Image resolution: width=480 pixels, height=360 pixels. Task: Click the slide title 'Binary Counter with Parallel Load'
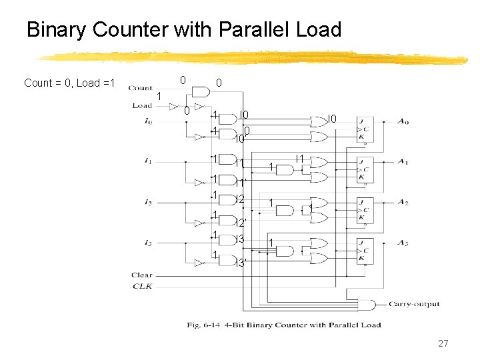point(183,30)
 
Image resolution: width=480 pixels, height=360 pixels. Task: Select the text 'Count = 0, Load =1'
point(69,83)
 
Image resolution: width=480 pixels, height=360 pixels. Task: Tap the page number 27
point(443,343)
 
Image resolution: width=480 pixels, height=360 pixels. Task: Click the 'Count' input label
point(140,87)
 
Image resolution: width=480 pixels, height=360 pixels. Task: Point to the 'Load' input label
point(142,105)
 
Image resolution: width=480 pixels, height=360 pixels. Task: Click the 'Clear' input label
point(141,275)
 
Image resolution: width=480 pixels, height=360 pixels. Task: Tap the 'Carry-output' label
point(414,304)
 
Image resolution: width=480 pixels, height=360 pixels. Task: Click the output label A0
point(403,121)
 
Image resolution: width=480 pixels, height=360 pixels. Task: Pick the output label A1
point(403,161)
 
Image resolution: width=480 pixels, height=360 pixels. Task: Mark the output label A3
point(403,243)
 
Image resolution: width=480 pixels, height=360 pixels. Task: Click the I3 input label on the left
point(147,243)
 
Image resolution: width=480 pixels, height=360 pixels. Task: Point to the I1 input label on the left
point(147,161)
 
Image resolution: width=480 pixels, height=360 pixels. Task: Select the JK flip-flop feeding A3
point(365,251)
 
